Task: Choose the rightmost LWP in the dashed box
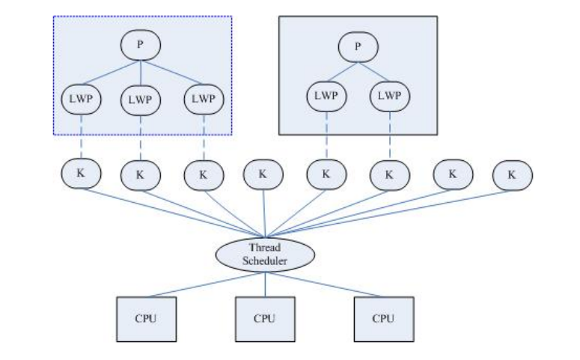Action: (203, 100)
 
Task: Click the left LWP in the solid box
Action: (326, 98)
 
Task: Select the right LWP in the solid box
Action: (389, 98)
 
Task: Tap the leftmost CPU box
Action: (145, 318)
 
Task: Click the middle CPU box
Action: (265, 318)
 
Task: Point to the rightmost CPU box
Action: (383, 318)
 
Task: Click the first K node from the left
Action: (81, 174)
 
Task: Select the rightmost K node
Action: (513, 175)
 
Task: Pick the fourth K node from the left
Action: (263, 175)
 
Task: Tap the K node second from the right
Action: (452, 174)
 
